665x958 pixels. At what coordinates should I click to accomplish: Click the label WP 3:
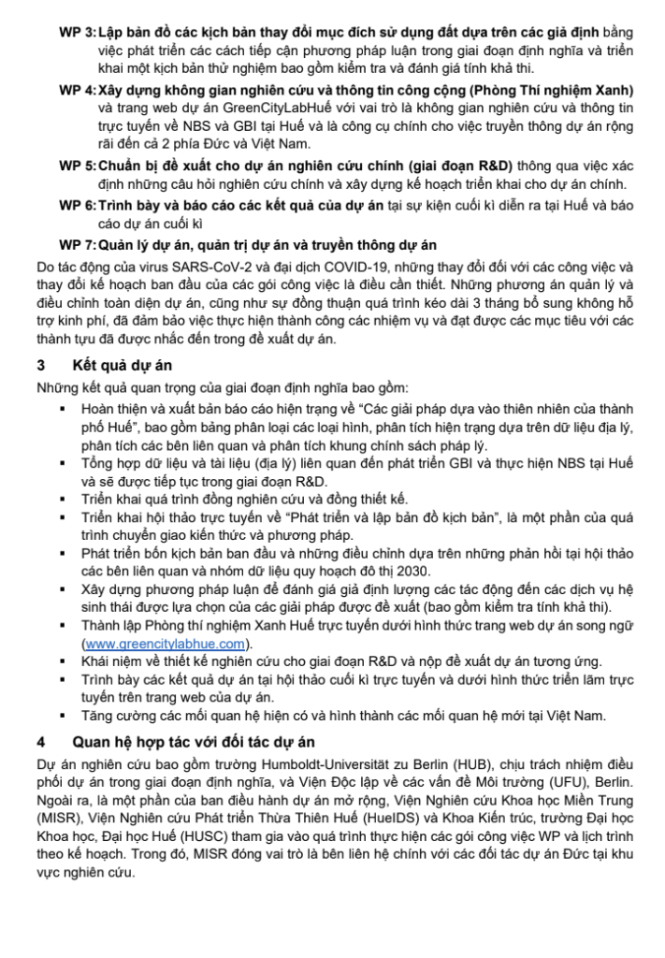point(78,33)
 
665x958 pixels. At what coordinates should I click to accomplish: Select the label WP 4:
point(78,90)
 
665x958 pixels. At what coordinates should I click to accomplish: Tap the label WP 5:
point(78,165)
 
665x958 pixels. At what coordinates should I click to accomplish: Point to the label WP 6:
point(78,203)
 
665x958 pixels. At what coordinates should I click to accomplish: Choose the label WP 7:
point(78,245)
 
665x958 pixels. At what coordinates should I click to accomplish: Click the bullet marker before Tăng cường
point(63,716)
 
